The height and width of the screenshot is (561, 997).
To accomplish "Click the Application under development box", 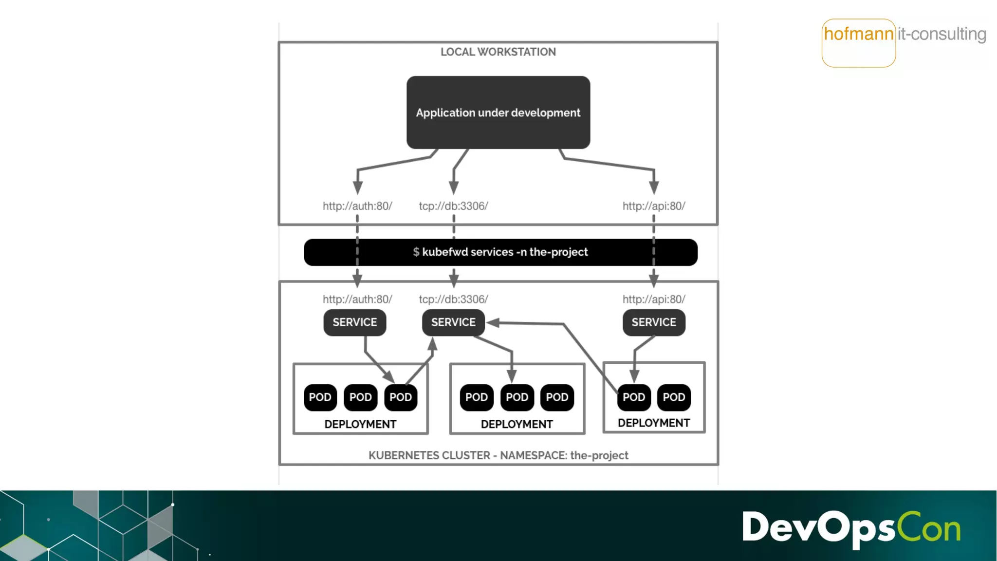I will click(498, 112).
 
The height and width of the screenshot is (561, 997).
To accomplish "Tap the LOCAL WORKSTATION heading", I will click(498, 52).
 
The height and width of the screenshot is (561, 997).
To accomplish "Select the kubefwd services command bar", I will click(500, 252).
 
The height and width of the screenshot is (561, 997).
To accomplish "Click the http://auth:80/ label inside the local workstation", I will click(357, 206).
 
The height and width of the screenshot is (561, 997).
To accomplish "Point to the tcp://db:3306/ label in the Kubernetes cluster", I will click(453, 299).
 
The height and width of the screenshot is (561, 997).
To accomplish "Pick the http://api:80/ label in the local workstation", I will click(653, 206).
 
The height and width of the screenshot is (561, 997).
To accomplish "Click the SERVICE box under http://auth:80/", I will click(354, 322).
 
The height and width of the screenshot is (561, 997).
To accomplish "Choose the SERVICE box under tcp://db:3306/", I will click(453, 322).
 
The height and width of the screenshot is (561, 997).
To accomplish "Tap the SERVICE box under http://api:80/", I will click(653, 322).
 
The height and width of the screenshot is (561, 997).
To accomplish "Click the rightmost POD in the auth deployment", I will click(400, 397).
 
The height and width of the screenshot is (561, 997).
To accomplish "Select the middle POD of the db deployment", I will click(517, 397).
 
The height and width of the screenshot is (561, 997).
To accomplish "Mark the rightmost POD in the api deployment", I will click(674, 397).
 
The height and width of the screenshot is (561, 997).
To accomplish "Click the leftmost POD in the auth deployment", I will click(320, 397).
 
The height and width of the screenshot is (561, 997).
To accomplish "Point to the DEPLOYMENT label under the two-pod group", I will click(653, 423).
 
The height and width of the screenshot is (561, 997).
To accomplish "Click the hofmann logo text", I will click(858, 34).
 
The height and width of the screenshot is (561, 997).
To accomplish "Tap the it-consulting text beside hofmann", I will click(942, 34).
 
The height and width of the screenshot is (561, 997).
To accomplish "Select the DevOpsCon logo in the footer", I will click(851, 528).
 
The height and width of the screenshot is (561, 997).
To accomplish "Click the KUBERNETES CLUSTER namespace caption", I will click(498, 455).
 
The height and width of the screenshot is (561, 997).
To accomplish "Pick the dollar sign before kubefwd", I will click(416, 252).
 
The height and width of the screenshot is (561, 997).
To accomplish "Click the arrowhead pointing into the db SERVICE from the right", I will click(493, 322).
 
